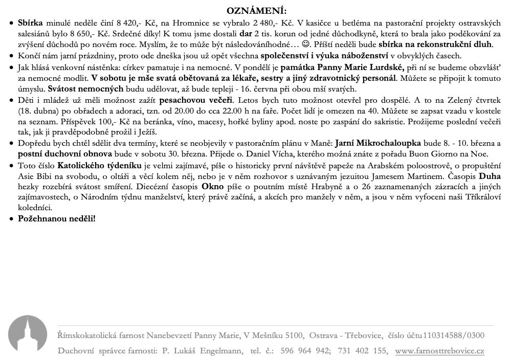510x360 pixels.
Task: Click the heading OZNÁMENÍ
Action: (256, 11)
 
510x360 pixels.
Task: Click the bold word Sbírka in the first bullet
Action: (31, 24)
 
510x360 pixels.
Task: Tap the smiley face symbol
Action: (305, 44)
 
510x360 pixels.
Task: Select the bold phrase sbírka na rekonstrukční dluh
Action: (435, 44)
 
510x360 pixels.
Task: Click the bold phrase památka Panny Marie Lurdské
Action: (342, 67)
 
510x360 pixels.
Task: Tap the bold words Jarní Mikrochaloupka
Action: (378, 144)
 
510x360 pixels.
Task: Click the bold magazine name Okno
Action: (213, 187)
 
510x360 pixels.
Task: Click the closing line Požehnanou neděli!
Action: (56, 219)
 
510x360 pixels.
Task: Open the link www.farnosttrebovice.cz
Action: (439, 351)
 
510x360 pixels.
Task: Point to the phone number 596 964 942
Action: (305, 351)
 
